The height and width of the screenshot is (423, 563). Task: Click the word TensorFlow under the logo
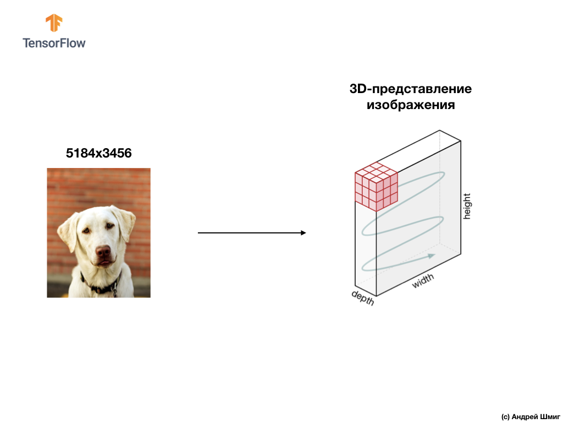coord(54,42)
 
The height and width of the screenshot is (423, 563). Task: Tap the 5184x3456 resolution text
coord(99,153)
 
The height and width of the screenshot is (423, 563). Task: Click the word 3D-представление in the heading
coord(411,89)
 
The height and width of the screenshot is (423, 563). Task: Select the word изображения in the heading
coord(411,104)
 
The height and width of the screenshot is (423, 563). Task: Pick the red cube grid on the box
coord(376,187)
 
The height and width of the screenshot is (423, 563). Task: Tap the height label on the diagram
coord(467,206)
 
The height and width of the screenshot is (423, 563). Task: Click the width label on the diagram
coord(423,281)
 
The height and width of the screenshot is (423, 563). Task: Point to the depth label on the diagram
coord(363,298)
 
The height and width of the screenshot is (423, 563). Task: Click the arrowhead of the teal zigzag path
coord(432,256)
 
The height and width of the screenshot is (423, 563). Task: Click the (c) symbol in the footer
coord(505,416)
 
